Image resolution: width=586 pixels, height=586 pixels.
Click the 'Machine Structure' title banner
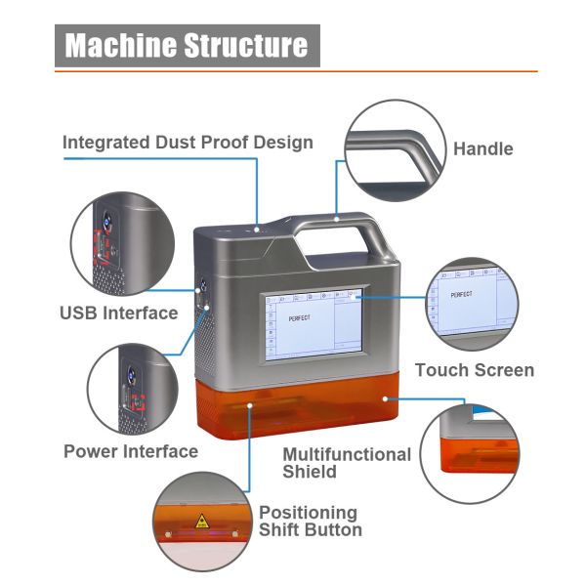pyautogui.click(x=187, y=45)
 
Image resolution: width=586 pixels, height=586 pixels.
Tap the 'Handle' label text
pyautogui.click(x=482, y=148)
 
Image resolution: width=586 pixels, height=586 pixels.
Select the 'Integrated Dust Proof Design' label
pyautogui.click(x=188, y=142)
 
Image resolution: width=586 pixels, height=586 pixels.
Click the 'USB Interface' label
pyautogui.click(x=118, y=313)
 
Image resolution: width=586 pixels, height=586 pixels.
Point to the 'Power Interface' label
pyautogui.click(x=130, y=451)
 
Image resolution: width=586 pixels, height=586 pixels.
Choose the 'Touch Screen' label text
pyautogui.click(x=474, y=370)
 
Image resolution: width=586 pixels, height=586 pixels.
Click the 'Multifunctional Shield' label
pyautogui.click(x=346, y=463)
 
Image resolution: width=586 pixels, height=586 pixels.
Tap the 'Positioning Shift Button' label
pyautogui.click(x=310, y=521)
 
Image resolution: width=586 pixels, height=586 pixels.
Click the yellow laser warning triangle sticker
pyautogui.click(x=202, y=521)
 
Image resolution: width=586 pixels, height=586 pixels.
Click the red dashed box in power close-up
pyautogui.click(x=138, y=400)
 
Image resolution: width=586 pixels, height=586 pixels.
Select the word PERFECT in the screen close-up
pyautogui.click(x=461, y=293)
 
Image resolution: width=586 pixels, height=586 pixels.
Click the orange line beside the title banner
pyautogui.click(x=430, y=70)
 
